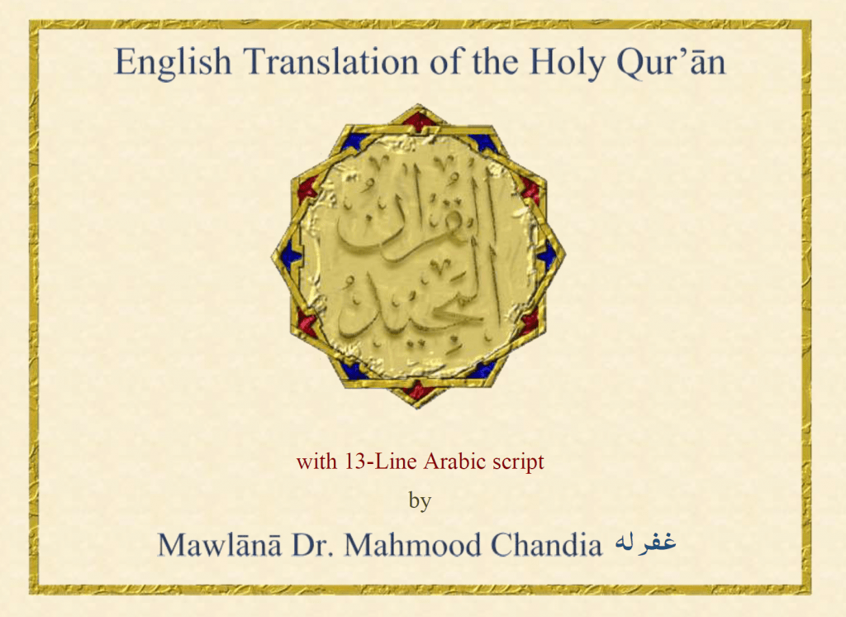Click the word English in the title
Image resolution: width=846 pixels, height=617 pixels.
[173, 62]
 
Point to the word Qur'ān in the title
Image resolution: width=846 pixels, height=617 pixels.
[671, 61]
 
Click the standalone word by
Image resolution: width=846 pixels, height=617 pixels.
[420, 501]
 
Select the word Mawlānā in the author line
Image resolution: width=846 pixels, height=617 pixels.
[219, 544]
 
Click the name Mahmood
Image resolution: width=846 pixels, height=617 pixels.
[413, 544]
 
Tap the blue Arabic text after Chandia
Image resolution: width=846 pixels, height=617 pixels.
[645, 542]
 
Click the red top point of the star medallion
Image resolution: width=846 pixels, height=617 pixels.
[419, 117]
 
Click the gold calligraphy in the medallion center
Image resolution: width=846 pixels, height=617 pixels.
[418, 254]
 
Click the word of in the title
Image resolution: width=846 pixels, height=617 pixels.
[448, 60]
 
